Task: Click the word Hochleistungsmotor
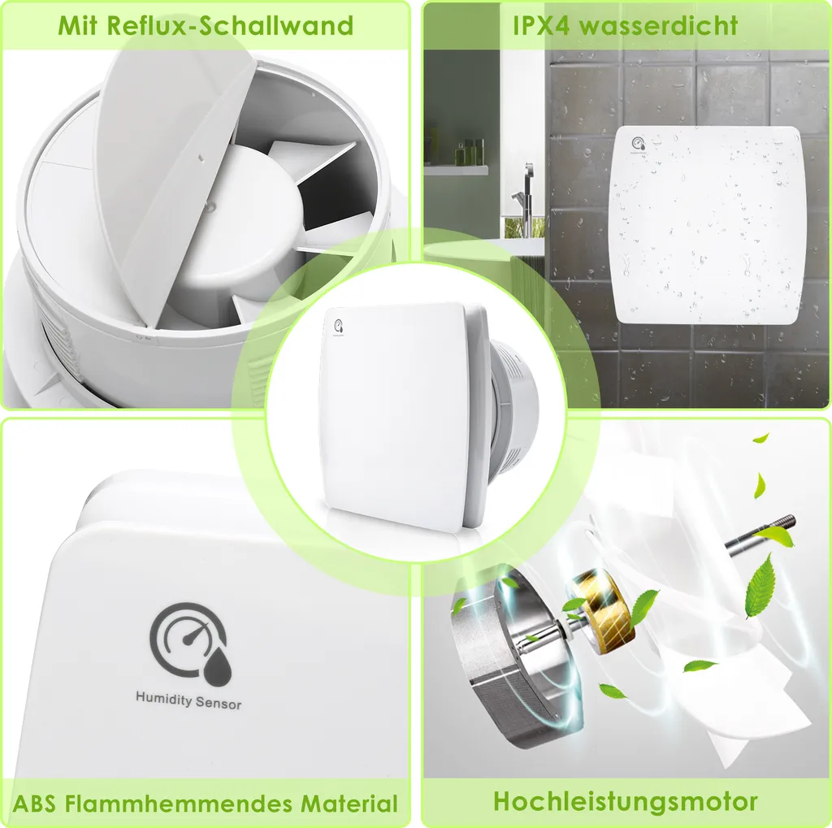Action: coord(626,801)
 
